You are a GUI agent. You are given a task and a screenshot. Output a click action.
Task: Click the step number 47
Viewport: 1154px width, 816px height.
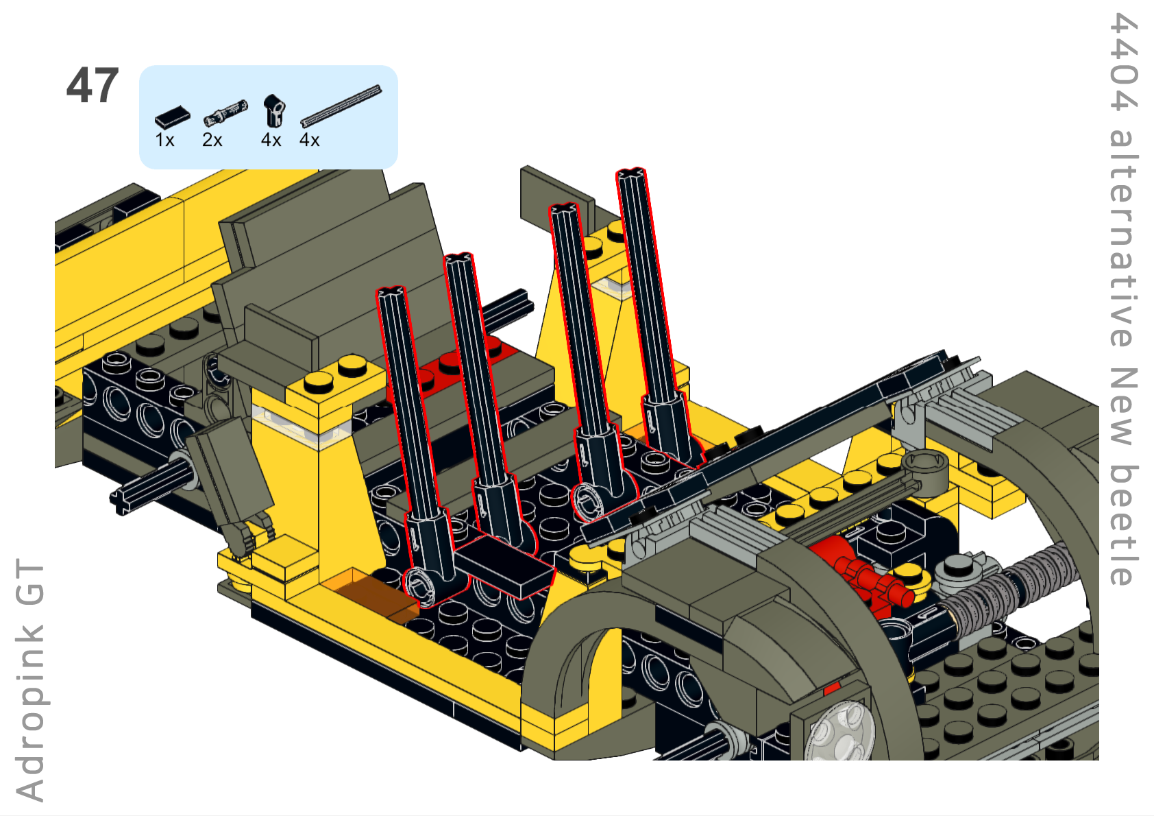93,86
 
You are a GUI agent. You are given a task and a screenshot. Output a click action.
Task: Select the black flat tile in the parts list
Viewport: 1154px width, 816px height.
173,118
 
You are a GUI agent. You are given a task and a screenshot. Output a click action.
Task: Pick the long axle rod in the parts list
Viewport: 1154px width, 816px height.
341,106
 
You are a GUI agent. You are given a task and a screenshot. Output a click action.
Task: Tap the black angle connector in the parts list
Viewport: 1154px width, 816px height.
274,111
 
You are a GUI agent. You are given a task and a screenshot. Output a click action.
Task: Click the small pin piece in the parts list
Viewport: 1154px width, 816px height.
225,113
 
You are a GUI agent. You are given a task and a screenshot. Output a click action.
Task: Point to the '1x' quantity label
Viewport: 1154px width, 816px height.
165,140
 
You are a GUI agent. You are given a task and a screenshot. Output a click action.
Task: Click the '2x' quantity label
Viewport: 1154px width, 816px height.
212,140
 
